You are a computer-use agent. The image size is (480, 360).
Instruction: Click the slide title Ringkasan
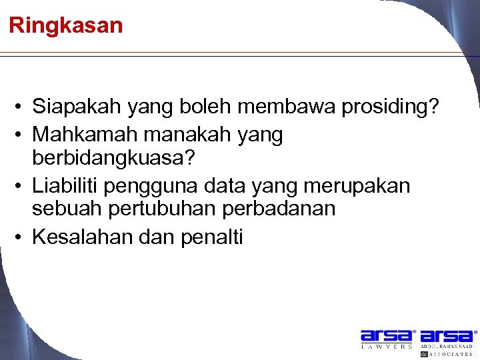tap(66, 26)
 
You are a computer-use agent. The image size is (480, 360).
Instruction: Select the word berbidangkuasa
tap(113, 159)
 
